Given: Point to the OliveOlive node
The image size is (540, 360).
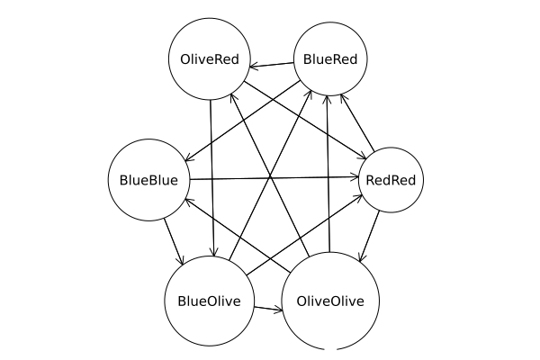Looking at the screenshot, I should (x=329, y=301).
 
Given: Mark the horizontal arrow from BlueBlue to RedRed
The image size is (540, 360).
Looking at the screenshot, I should (x=270, y=178).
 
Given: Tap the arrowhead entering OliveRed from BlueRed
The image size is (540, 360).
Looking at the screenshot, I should (x=252, y=65).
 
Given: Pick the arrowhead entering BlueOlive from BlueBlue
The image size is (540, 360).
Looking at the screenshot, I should (x=183, y=262).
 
